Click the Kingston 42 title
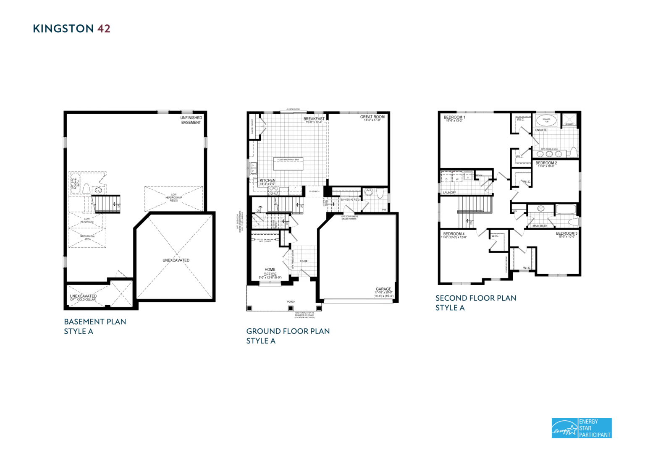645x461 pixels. pos(71,29)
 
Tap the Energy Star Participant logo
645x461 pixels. pos(581,428)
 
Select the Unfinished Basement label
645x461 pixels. pos(191,120)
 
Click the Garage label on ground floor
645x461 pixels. pos(383,289)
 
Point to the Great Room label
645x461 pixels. pos(372,117)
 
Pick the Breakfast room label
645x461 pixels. pos(314,119)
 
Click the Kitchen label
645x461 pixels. pos(267,181)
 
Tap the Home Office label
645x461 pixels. pos(270,272)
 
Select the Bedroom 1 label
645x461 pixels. pos(454,118)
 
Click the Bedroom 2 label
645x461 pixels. pos(546,163)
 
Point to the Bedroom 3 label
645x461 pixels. pos(566,233)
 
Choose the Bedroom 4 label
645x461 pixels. pos(454,234)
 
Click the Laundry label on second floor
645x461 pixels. pos(449,193)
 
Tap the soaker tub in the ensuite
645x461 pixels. pos(546,120)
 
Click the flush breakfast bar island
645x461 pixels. pos(288,164)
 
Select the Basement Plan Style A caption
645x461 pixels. pos(95,326)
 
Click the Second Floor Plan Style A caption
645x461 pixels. pos(475,303)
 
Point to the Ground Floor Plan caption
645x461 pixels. pos(288,336)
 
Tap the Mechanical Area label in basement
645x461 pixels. pos(87,238)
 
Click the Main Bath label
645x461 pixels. pos(540,226)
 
